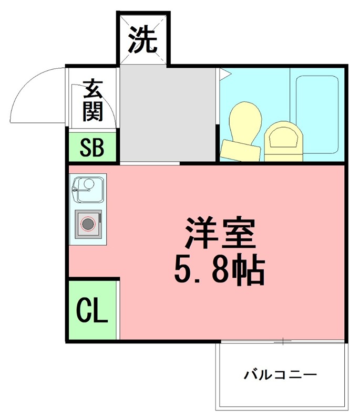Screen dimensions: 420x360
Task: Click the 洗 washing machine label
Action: (143, 40)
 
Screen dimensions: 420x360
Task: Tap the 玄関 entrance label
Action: (93, 100)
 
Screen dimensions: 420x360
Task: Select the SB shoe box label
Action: (92, 149)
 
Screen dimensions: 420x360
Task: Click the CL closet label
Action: (92, 311)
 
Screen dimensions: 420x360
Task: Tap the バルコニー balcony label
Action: (280, 375)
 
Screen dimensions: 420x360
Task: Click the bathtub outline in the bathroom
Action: (318, 113)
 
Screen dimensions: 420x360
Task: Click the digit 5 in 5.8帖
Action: (183, 270)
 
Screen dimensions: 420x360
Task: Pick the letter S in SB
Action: (85, 149)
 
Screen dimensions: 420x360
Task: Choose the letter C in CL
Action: (84, 311)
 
